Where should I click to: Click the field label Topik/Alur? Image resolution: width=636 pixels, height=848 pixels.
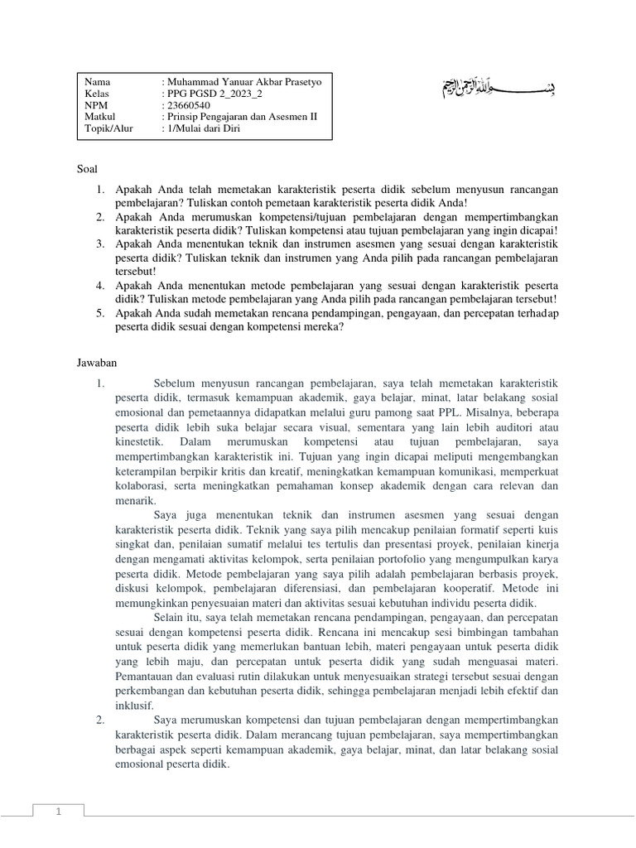(108, 129)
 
